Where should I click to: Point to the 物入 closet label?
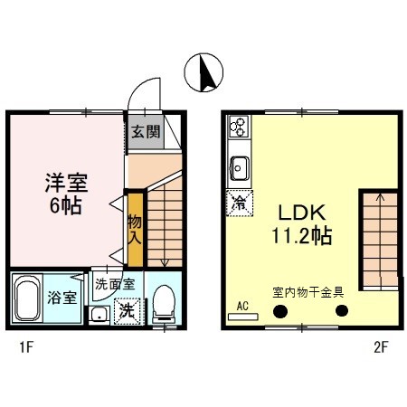click(134, 230)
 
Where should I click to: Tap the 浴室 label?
click(63, 298)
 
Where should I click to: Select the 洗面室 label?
click(115, 283)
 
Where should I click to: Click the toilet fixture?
click(164, 304)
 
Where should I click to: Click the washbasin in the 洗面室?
click(98, 315)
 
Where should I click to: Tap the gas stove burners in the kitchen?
click(240, 126)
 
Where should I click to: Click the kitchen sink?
click(241, 166)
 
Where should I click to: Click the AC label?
click(242, 306)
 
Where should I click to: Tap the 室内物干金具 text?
click(308, 292)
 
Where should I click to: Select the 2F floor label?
click(380, 345)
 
